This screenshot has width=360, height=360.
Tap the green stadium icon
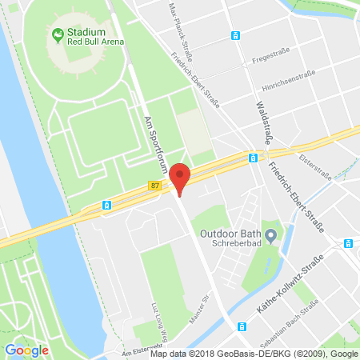click(58, 35)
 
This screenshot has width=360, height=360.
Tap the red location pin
click(182, 178)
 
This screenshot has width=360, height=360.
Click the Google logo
click(26, 350)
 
